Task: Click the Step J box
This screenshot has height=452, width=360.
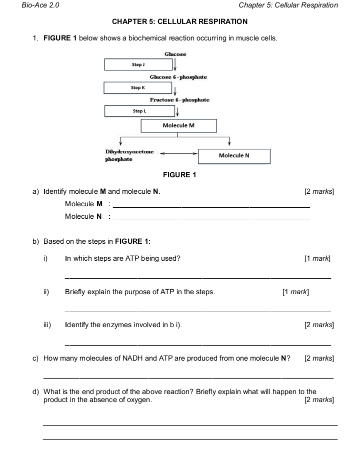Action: (138, 65)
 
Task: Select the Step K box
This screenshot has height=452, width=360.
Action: (138, 88)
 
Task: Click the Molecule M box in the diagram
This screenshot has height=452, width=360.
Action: (178, 125)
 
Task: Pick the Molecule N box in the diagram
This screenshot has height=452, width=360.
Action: (234, 156)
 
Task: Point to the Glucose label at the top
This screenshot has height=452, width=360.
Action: (175, 54)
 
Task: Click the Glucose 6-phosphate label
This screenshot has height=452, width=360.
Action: (178, 77)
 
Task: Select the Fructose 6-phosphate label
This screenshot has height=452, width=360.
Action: (179, 100)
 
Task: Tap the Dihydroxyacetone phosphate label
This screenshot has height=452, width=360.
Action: (129, 155)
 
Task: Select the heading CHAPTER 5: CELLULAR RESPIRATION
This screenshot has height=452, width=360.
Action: (179, 22)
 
